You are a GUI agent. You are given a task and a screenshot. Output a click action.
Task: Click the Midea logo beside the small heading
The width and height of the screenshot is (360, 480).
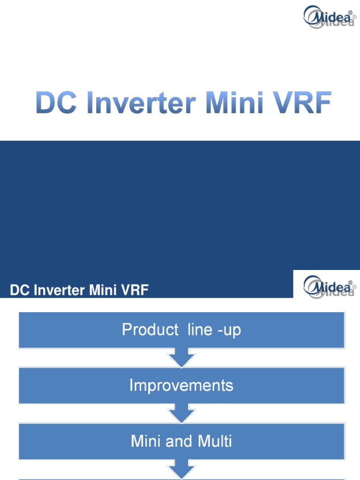(329, 286)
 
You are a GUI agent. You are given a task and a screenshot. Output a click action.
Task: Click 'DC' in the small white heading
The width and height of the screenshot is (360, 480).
(18, 291)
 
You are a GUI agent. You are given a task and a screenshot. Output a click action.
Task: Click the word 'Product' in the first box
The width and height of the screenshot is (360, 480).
(150, 330)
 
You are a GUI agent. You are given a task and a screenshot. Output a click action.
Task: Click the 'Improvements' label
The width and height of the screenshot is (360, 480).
(181, 385)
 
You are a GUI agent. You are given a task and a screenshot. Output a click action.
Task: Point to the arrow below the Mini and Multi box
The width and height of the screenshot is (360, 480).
(181, 470)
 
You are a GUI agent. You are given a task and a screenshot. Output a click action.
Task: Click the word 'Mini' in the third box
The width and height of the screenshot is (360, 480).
(147, 441)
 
